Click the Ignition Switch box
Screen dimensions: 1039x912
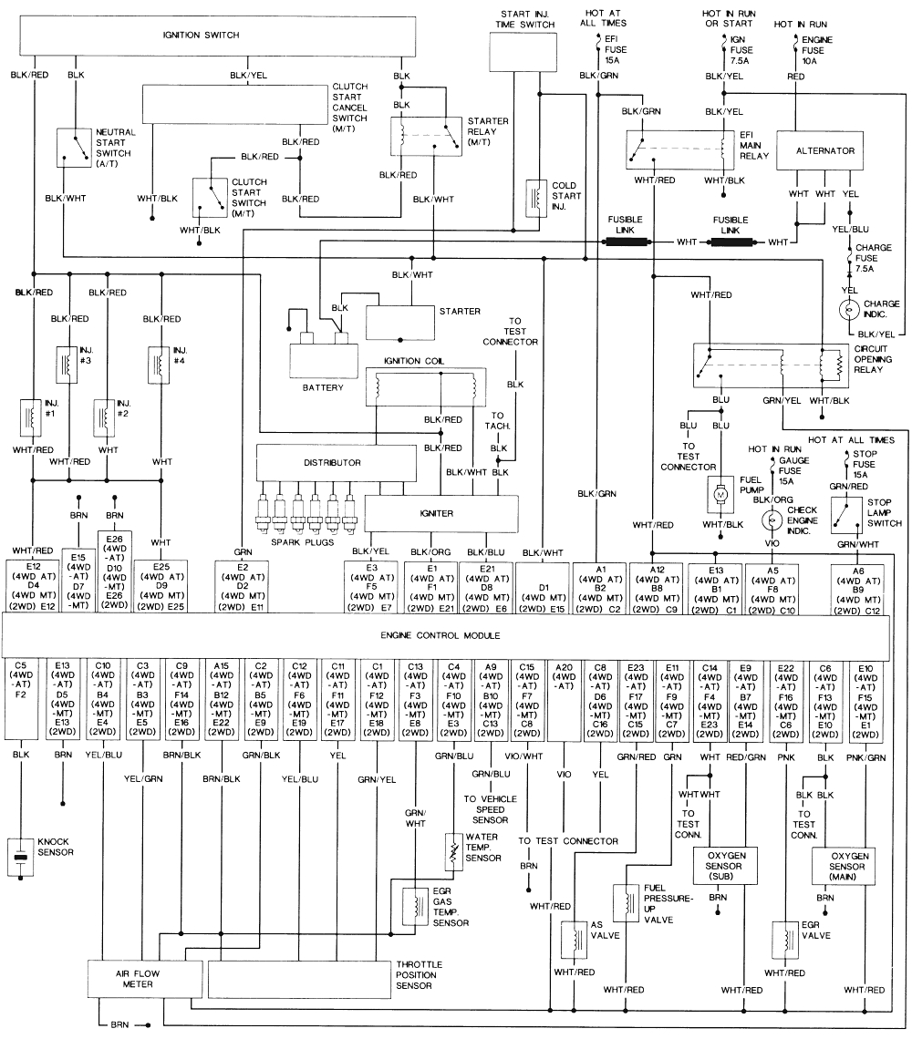pos(202,36)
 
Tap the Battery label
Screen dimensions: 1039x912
pos(323,387)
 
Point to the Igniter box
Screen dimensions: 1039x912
pos(436,513)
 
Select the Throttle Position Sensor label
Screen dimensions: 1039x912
pos(419,975)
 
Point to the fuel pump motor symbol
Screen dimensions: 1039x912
pos(720,493)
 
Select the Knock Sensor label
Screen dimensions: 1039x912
pos(54,847)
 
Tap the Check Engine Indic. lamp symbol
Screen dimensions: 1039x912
pos(772,520)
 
